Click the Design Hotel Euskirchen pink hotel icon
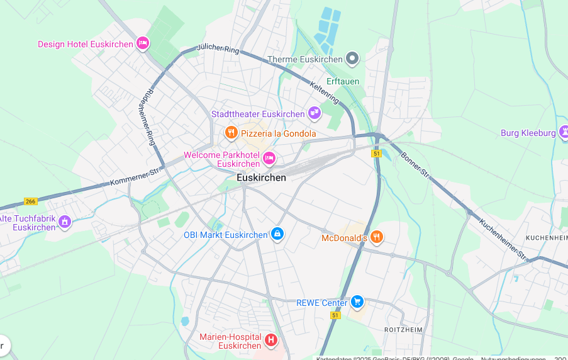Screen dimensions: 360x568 (143, 43)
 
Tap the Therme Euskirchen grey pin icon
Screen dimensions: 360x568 (353, 59)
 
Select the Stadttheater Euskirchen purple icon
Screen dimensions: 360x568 (315, 113)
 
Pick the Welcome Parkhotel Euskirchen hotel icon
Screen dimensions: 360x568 (269, 158)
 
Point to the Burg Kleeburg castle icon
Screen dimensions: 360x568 (564, 132)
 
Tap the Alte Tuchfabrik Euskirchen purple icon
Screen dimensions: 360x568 (65, 222)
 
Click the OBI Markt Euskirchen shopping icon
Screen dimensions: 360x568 (277, 234)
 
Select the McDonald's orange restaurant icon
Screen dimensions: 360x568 (377, 237)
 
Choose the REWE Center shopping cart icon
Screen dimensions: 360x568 (357, 302)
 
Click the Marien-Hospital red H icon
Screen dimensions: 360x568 (271, 340)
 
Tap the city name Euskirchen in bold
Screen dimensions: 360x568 (261, 177)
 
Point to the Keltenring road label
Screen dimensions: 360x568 (325, 92)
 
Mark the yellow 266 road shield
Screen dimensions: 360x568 (30, 201)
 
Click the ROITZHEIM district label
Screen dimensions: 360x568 (403, 329)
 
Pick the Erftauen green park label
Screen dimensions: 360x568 (343, 81)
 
